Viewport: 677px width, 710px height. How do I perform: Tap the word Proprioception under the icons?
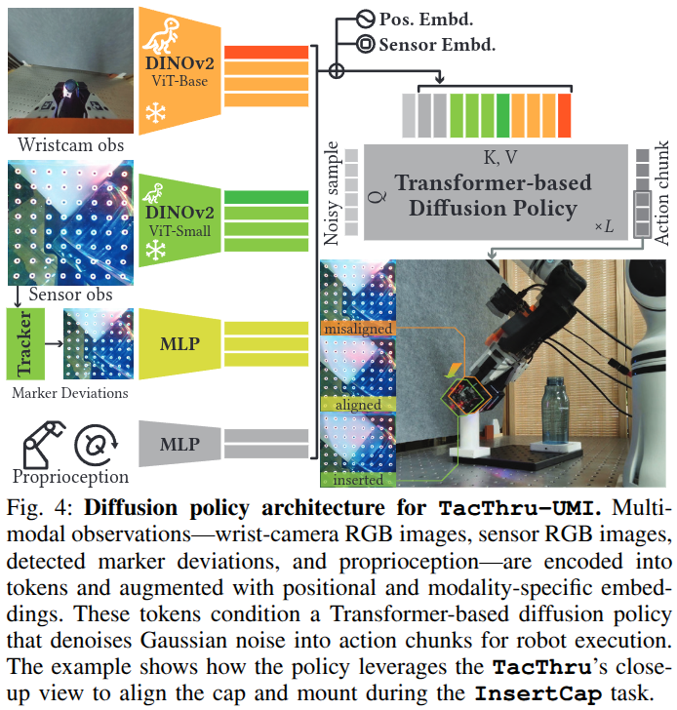click(70, 477)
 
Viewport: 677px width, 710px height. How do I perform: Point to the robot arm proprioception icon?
click(39, 442)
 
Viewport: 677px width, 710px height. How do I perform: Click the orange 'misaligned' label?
click(357, 329)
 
